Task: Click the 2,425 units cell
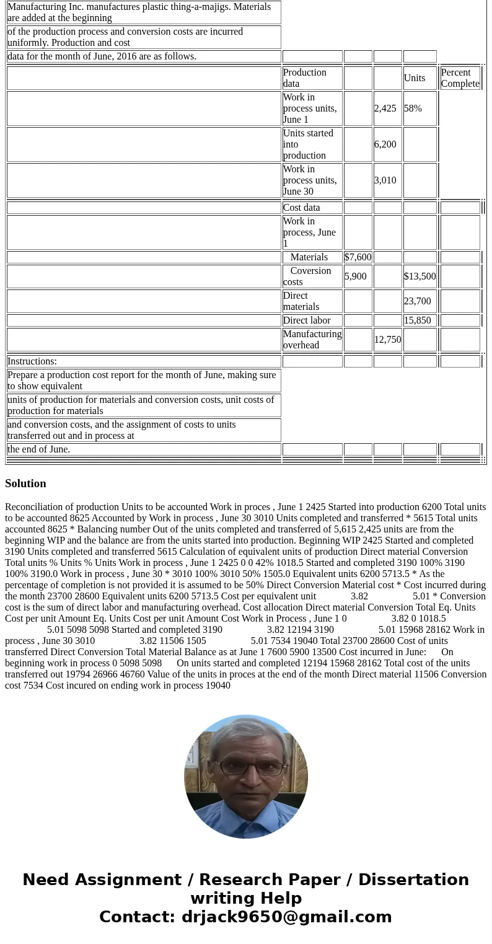click(x=385, y=108)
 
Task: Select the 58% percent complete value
click(x=413, y=108)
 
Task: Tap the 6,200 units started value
click(x=385, y=144)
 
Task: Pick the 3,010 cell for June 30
click(x=385, y=180)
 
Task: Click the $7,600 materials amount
click(x=358, y=257)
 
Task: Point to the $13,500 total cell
click(x=420, y=276)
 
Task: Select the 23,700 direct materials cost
click(x=417, y=301)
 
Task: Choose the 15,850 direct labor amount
click(x=417, y=320)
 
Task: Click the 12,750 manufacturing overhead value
click(x=387, y=340)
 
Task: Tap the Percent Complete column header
click(x=460, y=78)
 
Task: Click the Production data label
click(x=304, y=78)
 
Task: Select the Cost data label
click(x=301, y=208)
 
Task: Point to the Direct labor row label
click(x=307, y=320)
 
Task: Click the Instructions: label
click(x=32, y=361)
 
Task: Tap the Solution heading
click(x=25, y=483)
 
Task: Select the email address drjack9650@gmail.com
click(x=286, y=917)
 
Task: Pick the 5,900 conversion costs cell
click(x=355, y=276)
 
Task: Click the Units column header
click(x=415, y=78)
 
